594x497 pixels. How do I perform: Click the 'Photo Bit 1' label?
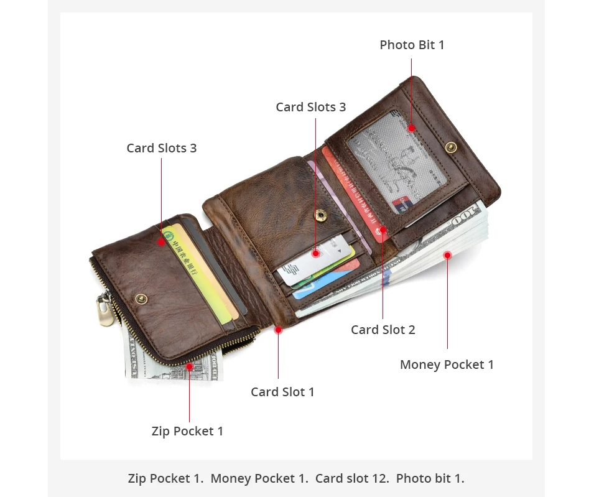412,45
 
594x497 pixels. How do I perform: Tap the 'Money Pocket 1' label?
447,365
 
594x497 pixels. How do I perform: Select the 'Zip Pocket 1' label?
187,431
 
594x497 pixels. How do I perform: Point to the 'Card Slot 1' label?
282,392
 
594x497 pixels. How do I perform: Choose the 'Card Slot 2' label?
383,330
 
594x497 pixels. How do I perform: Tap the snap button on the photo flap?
450,147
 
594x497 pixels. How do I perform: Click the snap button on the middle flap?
320,215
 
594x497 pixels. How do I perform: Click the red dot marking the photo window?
411,129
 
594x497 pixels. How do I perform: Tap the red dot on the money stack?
447,254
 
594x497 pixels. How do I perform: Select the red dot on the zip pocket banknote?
189,366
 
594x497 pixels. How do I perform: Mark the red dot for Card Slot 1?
278,330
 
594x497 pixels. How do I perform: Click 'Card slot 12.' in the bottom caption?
351,478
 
